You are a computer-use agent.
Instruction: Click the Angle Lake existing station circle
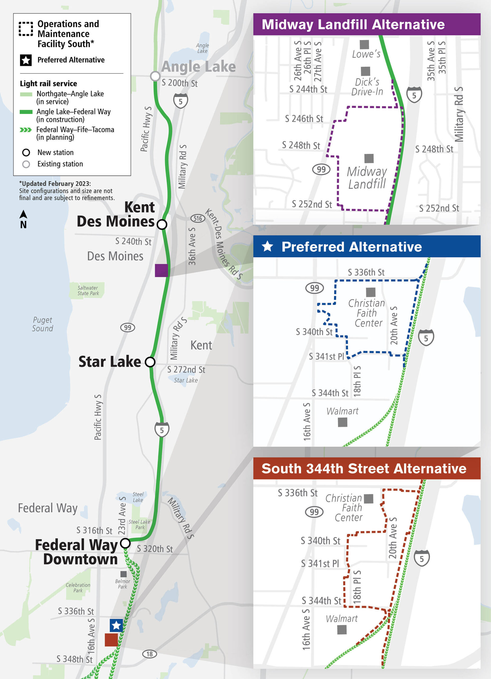155,76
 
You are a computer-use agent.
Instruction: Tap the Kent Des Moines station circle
162,224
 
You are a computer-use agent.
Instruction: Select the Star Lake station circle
150,362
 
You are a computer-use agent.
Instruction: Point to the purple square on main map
161,270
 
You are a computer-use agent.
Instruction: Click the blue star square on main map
116,625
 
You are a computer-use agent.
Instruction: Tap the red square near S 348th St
111,640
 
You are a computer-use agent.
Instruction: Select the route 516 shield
198,218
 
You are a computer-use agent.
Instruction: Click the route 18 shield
149,654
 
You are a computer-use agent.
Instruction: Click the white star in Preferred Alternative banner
267,246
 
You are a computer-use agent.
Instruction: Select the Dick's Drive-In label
367,87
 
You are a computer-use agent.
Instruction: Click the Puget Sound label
42,324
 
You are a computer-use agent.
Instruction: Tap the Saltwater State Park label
88,290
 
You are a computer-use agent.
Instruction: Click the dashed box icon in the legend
26,29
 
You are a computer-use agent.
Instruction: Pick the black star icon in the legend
26,60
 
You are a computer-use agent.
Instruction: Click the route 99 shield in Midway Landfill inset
321,169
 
